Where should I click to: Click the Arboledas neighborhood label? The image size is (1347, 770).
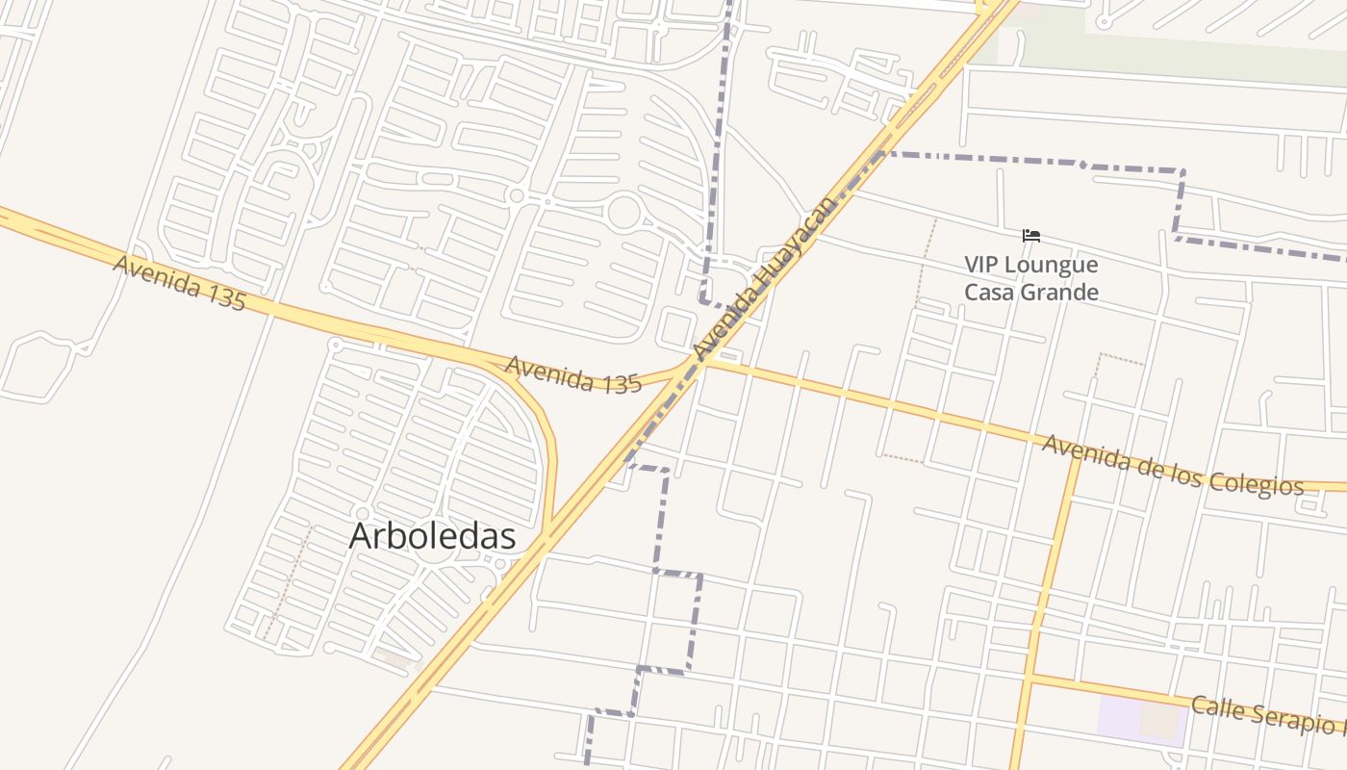tap(432, 536)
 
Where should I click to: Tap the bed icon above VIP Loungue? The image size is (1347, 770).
tap(1031, 236)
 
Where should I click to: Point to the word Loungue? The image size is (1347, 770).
tap(1054, 265)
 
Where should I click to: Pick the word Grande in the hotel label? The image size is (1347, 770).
tap(1061, 292)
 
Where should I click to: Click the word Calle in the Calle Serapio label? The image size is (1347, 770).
tap(1216, 709)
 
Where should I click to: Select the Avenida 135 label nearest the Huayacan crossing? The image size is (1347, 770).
tap(572, 374)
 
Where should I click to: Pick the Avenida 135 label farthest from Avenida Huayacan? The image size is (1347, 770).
tap(179, 282)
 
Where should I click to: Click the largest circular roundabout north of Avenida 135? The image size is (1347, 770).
tap(624, 212)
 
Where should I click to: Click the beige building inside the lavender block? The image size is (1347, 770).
tap(1160, 719)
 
